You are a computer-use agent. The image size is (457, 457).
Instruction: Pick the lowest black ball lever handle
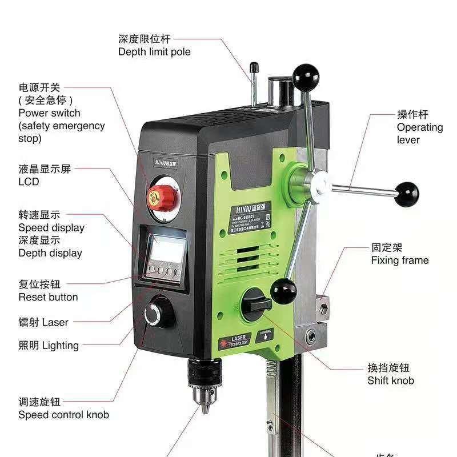click(x=283, y=292)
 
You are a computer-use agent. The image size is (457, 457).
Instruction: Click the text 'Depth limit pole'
click(x=154, y=52)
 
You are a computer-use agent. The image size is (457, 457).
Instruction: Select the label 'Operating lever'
click(x=419, y=134)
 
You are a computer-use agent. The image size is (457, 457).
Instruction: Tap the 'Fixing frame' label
click(x=399, y=260)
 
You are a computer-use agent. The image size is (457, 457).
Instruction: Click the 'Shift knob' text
click(x=391, y=380)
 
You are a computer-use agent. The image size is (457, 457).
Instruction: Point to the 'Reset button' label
click(x=48, y=297)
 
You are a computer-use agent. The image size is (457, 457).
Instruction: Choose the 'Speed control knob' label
click(x=63, y=415)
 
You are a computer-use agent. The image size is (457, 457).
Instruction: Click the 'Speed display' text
click(x=51, y=228)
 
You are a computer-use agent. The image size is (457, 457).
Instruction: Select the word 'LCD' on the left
click(x=29, y=182)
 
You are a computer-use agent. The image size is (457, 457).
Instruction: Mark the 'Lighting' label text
click(x=61, y=345)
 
